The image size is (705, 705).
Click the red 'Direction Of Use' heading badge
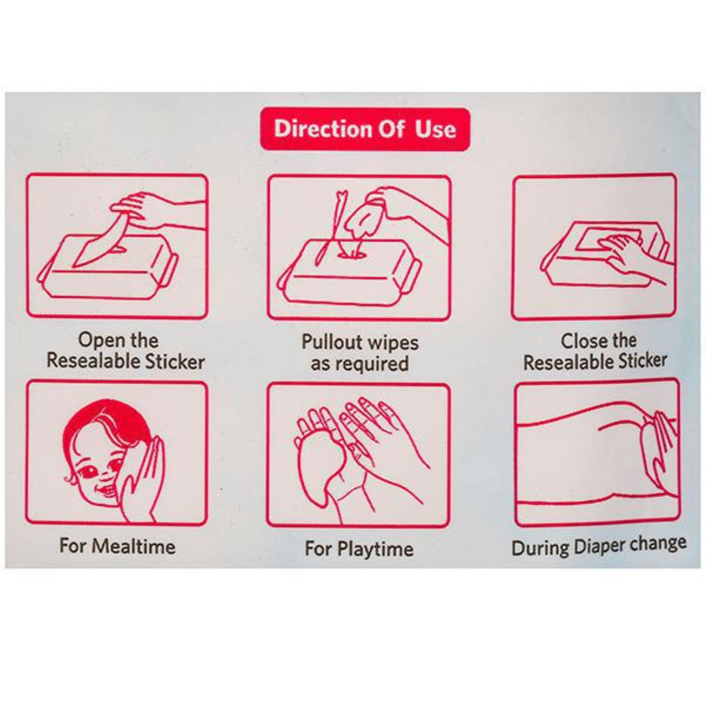point(365,129)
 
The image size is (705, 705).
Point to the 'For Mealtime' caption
point(117,546)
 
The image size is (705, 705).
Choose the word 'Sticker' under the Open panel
point(175,361)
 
